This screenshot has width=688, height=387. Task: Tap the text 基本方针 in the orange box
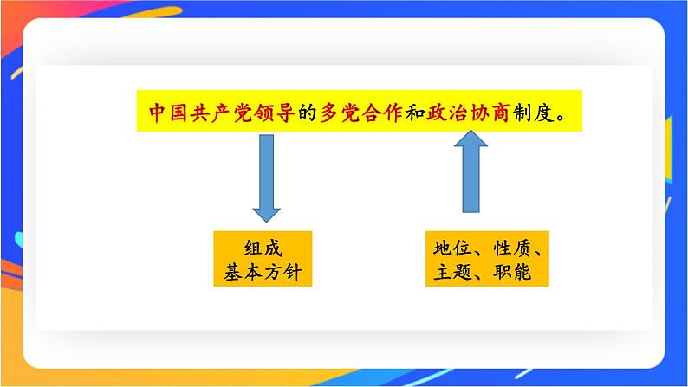(x=261, y=273)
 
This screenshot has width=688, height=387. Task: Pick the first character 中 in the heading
(x=158, y=113)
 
